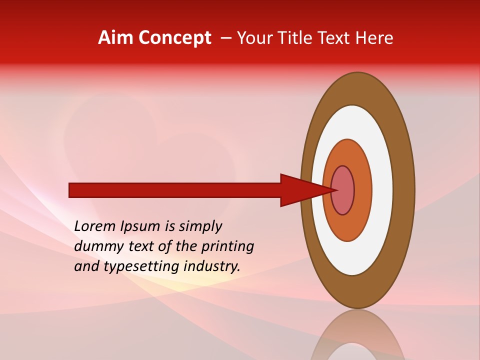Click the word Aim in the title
116,37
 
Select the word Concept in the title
174,37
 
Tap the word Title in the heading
298,37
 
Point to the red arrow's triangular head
300,190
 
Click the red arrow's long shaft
175,190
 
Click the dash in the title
226,37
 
